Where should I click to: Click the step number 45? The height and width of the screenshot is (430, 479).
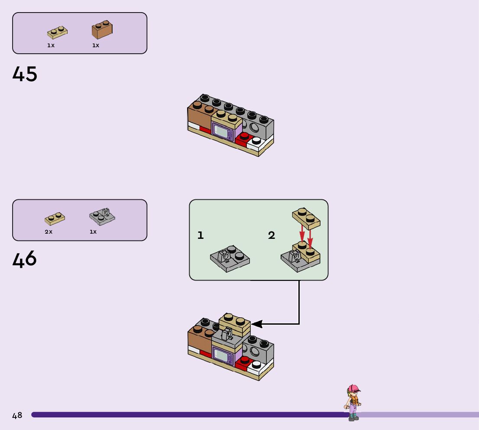25,74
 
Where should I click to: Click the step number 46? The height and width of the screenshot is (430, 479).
24,259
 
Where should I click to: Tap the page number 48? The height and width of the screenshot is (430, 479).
17,415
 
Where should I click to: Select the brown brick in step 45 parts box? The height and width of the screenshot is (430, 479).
102,29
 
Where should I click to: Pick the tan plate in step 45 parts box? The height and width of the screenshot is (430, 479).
58,33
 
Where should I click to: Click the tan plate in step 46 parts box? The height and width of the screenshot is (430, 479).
55,218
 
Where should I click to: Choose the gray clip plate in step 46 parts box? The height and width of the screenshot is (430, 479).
102,217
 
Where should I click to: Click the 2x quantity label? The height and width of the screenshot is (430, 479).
49,232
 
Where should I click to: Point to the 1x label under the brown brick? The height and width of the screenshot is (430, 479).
96,46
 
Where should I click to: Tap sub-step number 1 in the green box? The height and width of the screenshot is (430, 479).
201,235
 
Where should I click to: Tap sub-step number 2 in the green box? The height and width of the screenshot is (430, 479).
272,235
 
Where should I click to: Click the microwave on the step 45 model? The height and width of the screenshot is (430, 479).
223,131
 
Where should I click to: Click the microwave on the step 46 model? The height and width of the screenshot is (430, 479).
223,355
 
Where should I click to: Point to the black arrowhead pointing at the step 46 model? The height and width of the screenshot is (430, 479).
256,324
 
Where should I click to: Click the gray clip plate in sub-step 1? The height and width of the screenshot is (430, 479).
230,258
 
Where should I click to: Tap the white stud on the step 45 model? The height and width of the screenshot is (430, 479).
256,140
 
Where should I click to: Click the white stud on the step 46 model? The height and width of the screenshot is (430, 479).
256,364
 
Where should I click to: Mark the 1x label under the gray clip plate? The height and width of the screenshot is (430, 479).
93,232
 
